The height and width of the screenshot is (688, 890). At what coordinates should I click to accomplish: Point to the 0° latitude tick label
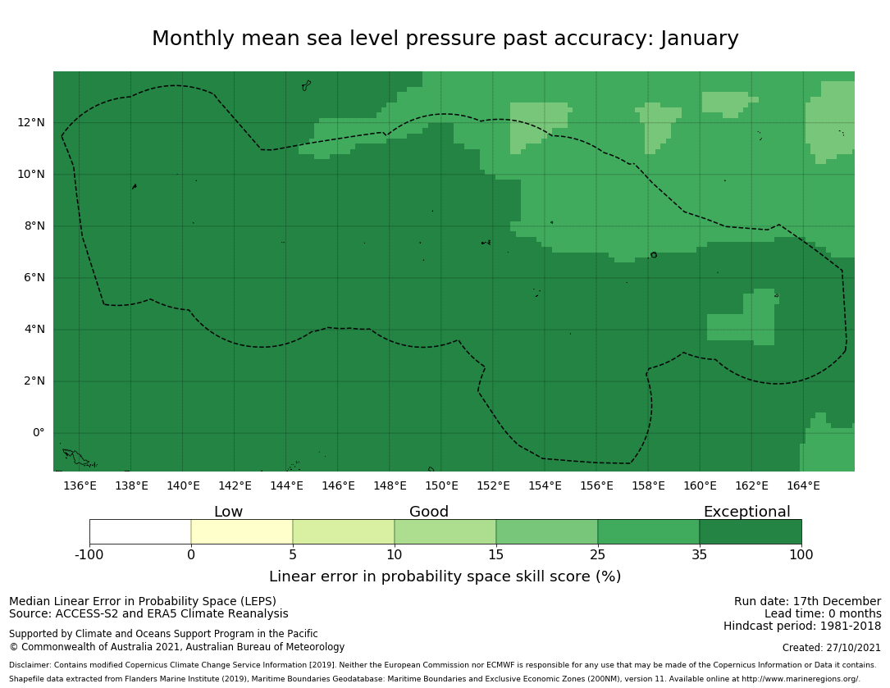(x=39, y=433)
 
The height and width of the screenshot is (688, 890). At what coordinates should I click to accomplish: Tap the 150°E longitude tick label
(x=441, y=485)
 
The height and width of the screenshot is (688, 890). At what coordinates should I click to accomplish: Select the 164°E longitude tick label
(x=803, y=485)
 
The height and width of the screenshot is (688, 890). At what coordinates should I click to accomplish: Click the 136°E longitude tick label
(x=80, y=485)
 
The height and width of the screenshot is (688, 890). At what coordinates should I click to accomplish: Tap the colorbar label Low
(x=228, y=512)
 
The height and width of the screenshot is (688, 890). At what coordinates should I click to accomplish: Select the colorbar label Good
(x=429, y=512)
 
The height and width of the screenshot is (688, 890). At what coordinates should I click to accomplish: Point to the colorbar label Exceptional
(x=746, y=512)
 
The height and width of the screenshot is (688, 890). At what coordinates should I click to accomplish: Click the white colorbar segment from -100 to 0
(x=140, y=531)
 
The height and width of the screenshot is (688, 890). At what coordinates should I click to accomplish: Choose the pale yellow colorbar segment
(x=242, y=531)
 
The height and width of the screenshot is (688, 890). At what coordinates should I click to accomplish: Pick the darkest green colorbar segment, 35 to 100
(x=751, y=531)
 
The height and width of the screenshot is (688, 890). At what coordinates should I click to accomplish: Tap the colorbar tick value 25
(x=598, y=555)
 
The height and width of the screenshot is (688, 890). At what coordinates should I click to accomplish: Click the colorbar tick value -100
(x=89, y=555)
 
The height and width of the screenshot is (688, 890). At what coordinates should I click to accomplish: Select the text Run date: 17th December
(x=807, y=602)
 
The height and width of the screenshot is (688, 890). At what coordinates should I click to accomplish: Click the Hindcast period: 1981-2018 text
(x=802, y=626)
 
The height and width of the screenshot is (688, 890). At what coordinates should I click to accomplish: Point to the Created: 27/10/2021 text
(x=832, y=648)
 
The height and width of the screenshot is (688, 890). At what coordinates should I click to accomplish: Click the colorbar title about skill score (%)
(x=445, y=576)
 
